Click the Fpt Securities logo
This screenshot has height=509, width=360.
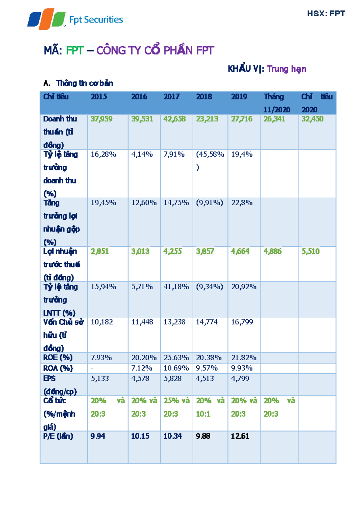[x=75, y=19]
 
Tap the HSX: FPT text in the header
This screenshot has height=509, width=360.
[x=326, y=13]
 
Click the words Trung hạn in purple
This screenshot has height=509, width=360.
[x=286, y=69]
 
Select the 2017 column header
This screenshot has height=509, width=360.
[x=171, y=97]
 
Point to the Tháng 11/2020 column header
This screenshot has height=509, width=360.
[x=276, y=103]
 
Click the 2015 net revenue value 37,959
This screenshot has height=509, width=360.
[x=101, y=119]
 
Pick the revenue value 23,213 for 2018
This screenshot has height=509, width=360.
[x=207, y=119]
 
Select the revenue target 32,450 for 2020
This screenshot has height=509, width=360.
[x=312, y=119]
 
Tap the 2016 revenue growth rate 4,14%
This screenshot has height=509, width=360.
[x=142, y=154]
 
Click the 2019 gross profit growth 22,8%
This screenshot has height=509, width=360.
[x=241, y=203]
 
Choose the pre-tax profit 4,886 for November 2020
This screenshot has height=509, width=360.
[x=272, y=251]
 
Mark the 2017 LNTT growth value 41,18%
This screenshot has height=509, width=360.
[x=176, y=287]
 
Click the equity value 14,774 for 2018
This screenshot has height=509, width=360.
[x=207, y=322]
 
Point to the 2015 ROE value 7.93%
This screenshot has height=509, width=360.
[x=101, y=358]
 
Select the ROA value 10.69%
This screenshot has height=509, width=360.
[x=176, y=368]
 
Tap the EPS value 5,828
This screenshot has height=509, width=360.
[x=172, y=379]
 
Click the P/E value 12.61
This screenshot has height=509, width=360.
[x=240, y=436]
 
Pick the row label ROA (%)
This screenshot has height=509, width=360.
[x=58, y=368]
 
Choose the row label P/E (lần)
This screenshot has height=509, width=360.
[x=58, y=436]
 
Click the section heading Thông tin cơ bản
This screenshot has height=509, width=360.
[x=84, y=83]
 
